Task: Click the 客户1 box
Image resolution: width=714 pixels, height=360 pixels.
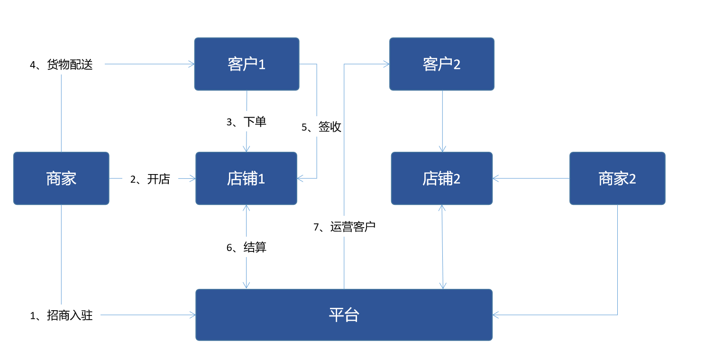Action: pos(247,64)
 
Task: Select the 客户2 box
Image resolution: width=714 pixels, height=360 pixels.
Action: pos(442,64)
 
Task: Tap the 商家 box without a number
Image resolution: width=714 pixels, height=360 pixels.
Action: pos(61,178)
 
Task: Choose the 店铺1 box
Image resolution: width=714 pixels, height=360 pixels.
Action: pos(246,178)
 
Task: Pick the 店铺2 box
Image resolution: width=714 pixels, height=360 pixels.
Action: pos(442,178)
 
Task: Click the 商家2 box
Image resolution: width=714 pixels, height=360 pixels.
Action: pos(617,178)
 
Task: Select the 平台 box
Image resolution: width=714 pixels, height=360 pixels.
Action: pos(344,315)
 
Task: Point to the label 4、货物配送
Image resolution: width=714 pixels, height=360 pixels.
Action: pos(61,65)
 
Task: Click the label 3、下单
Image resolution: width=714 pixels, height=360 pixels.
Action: pos(247,122)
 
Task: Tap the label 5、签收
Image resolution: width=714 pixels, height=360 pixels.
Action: pos(321,127)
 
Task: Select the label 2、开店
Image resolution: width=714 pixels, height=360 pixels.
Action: pos(150,179)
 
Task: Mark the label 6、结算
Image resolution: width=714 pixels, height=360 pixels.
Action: pos(247,247)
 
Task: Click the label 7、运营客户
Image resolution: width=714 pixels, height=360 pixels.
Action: pos(345,227)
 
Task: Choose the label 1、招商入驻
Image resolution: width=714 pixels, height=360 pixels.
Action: pos(61,315)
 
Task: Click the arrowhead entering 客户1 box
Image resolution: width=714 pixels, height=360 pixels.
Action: pos(192,64)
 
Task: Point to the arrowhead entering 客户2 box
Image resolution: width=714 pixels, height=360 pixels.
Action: pos(387,64)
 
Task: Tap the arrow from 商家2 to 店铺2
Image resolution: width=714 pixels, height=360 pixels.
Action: pos(531,179)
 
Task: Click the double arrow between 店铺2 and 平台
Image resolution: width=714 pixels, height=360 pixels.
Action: pos(442,247)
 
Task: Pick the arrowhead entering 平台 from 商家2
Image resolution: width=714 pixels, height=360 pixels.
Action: pos(496,314)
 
